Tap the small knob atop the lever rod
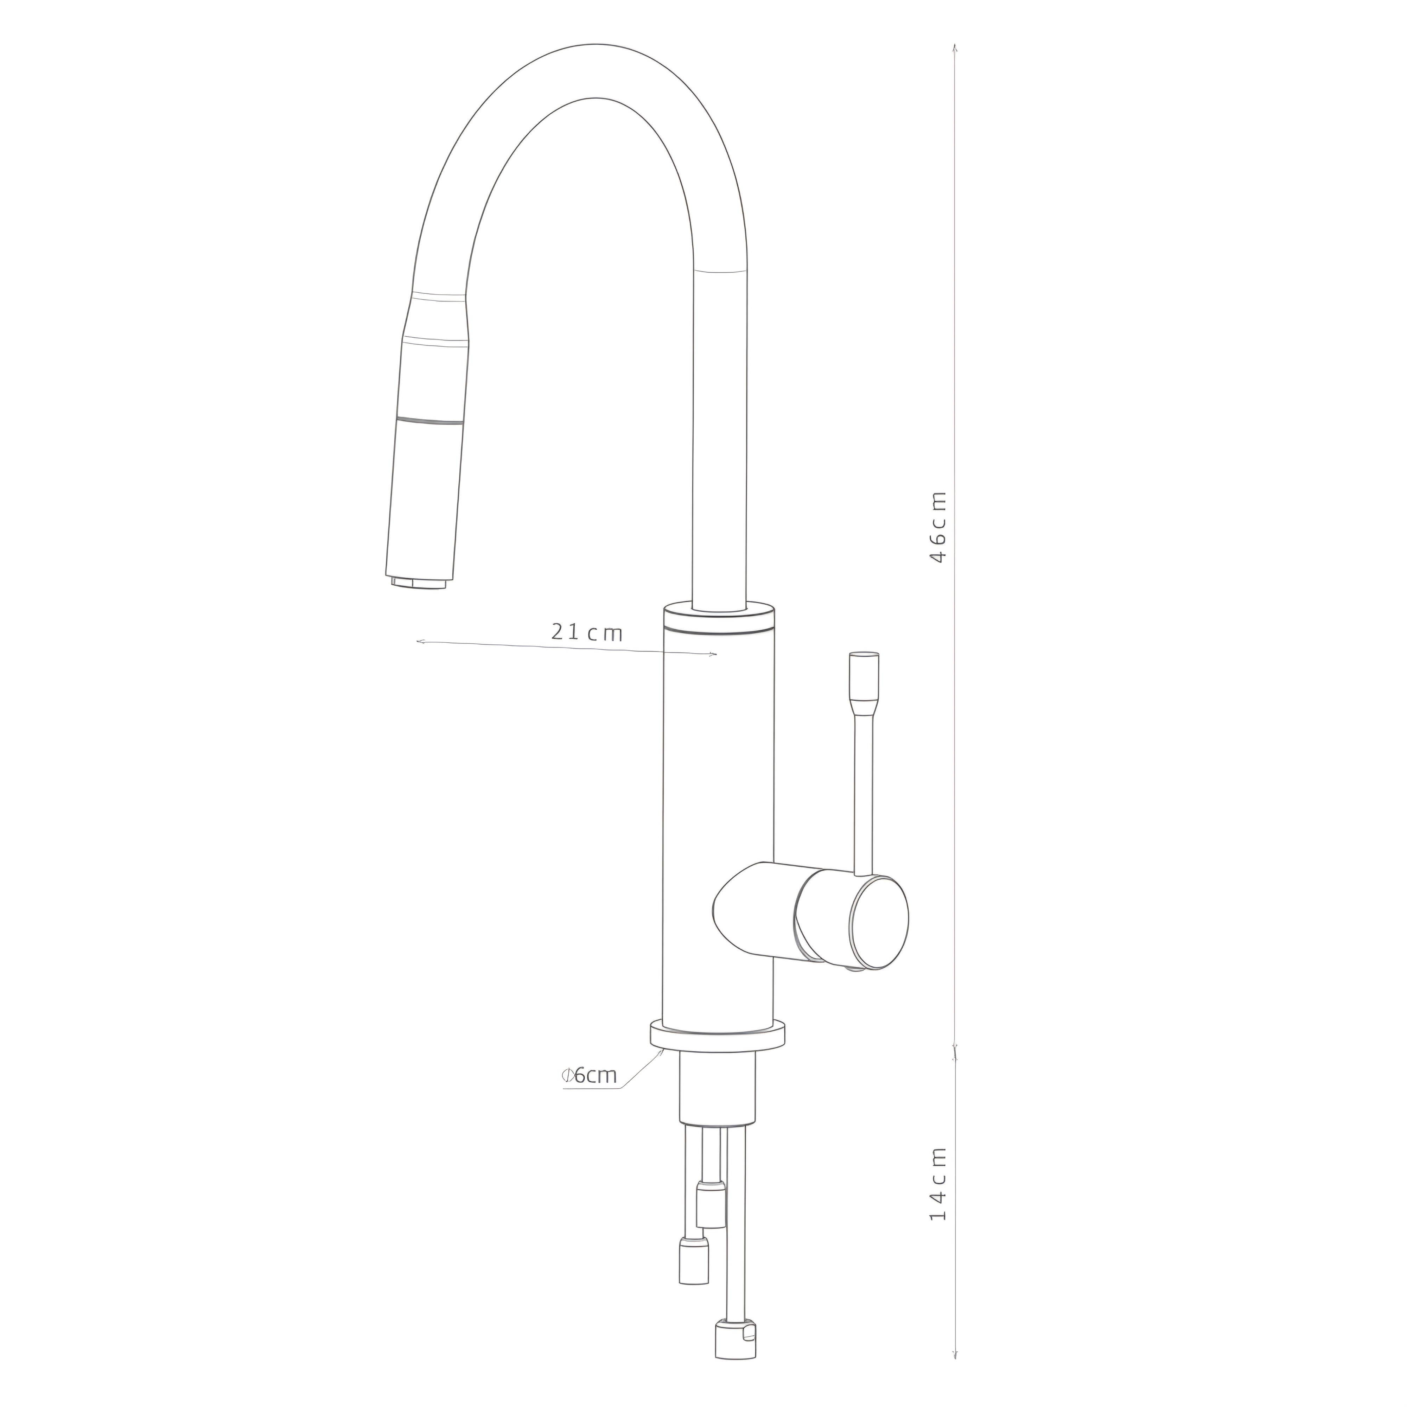point(865,675)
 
